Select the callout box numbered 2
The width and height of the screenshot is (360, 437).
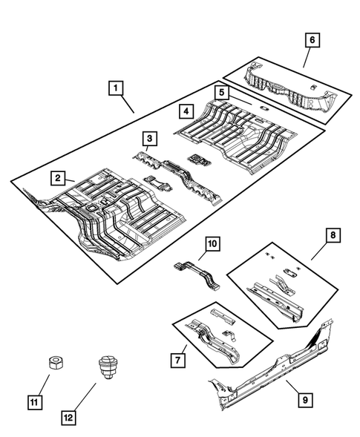click(56, 177)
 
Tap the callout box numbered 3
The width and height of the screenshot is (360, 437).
click(149, 138)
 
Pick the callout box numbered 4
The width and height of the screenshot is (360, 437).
click(187, 111)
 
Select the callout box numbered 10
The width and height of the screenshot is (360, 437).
click(212, 243)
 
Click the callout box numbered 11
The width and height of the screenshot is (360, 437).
click(34, 403)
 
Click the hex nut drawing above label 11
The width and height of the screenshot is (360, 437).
click(53, 363)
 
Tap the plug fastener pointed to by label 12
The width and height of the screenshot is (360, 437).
click(106, 367)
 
